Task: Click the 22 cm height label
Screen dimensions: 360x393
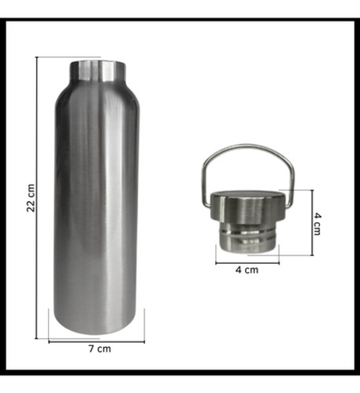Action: pos(31,198)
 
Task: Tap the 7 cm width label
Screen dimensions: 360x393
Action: pos(100,349)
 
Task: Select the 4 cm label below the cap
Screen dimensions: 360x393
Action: pos(247,270)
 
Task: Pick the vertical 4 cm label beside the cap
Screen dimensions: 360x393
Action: pos(318,224)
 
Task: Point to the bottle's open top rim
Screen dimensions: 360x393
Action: pos(98,62)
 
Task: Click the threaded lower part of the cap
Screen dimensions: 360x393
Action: pos(249,238)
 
